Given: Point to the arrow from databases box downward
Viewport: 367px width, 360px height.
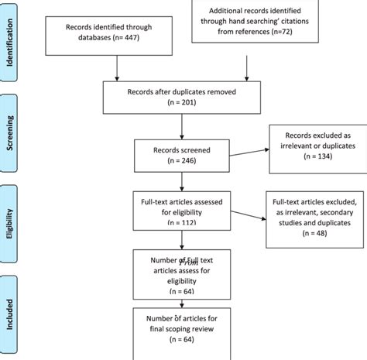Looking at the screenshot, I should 115,68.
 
